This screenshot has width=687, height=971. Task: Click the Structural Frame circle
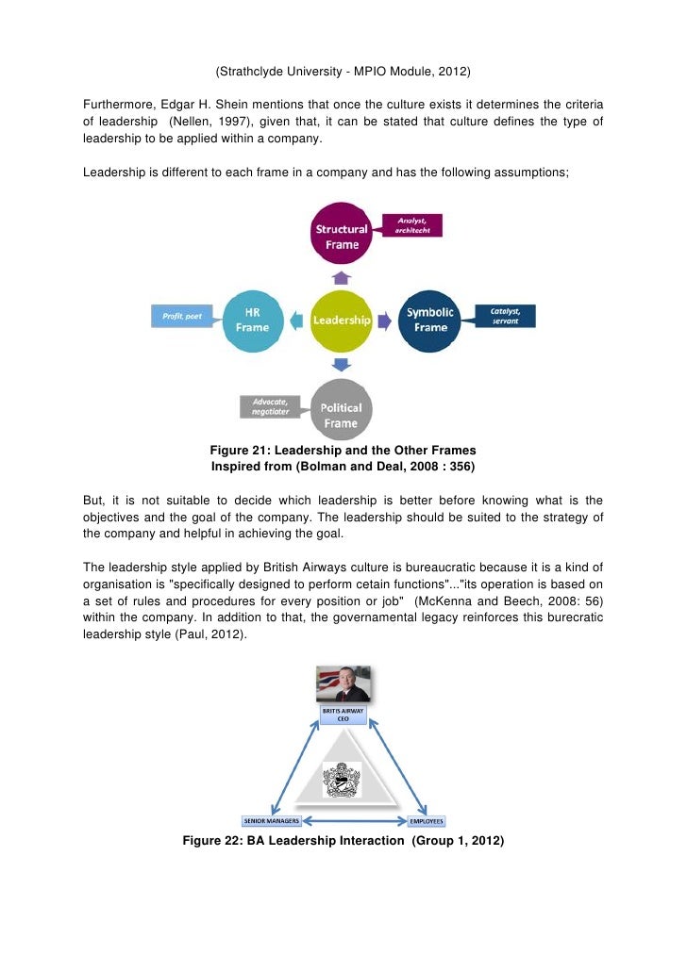343,237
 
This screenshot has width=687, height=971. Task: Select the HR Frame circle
252,320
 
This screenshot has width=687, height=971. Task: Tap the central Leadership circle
342,320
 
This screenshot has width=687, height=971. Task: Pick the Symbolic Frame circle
429,320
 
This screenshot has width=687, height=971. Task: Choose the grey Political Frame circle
342,408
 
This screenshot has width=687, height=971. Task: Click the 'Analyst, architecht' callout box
411,225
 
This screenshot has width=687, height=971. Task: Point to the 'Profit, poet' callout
182,315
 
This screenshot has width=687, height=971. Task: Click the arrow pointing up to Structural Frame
343,277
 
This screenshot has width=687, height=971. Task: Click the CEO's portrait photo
342,684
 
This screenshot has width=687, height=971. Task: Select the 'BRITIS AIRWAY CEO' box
343,715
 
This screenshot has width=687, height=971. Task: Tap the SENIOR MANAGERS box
271,820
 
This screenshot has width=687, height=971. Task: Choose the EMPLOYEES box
427,820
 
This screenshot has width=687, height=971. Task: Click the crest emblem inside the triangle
342,779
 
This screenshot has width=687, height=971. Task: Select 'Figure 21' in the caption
240,449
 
